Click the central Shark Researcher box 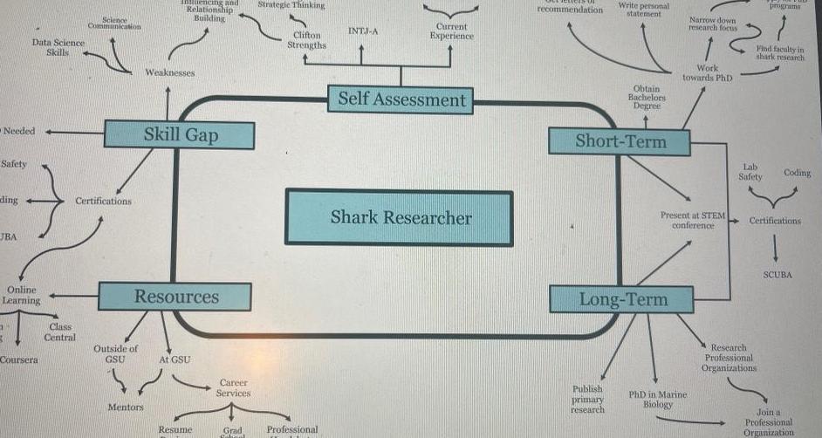[x=399, y=217]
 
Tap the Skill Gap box [x=180, y=134]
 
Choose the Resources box [x=175, y=297]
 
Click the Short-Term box [x=620, y=141]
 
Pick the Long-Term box [x=622, y=299]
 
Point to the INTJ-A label [x=362, y=31]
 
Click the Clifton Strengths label [x=306, y=40]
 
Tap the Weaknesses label [x=170, y=72]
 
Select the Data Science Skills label [x=58, y=47]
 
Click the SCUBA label [x=777, y=274]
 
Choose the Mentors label [x=126, y=407]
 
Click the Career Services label [x=233, y=387]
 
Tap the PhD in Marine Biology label [x=658, y=400]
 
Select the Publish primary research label [x=587, y=399]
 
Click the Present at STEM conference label [x=693, y=220]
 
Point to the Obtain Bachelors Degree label [x=647, y=97]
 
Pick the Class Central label [x=59, y=332]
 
